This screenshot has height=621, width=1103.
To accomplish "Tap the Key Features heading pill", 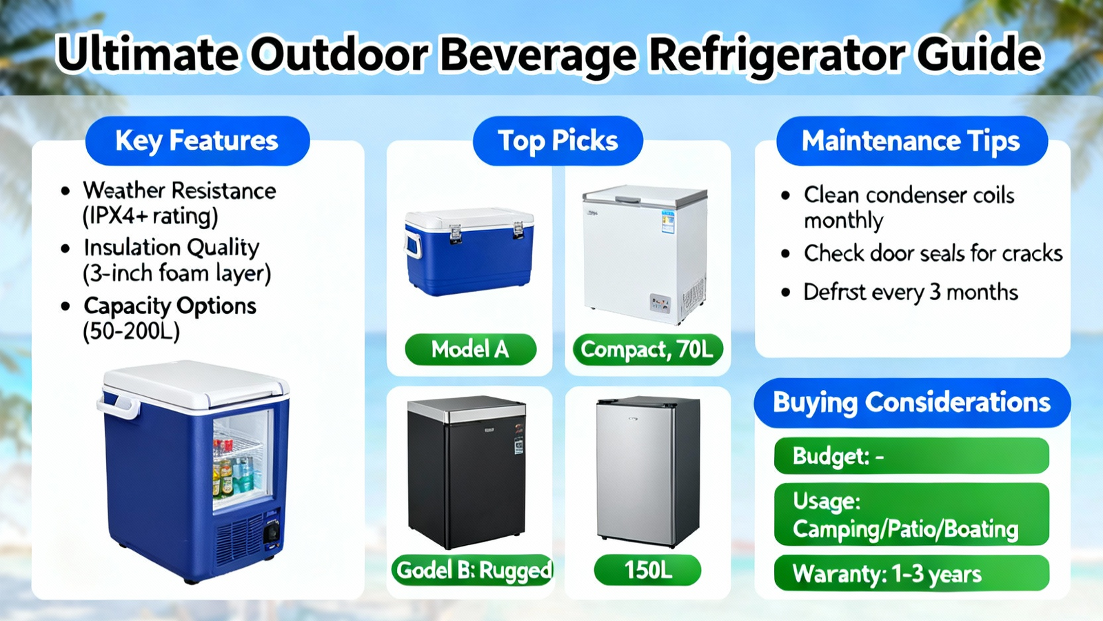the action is (197, 141).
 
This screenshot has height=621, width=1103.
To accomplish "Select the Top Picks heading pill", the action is (558, 141).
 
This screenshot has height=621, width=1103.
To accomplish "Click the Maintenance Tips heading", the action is (912, 141).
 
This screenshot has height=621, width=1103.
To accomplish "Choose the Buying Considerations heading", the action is (912, 403).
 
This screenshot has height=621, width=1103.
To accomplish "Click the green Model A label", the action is (471, 349).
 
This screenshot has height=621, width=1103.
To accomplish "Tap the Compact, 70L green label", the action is (648, 349).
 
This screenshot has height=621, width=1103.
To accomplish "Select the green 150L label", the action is (647, 570).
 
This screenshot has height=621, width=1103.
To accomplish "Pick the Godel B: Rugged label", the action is (473, 570).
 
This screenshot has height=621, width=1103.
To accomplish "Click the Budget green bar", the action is (911, 456).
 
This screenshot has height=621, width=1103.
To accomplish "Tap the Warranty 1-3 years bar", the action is (911, 573).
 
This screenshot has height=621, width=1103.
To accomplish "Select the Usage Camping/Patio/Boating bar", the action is (911, 515).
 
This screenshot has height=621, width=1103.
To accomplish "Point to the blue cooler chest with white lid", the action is (469, 251).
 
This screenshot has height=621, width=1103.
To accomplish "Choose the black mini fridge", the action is (467, 472).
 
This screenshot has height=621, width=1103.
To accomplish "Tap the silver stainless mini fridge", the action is (648, 472).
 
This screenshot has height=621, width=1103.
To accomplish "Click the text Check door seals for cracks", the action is (933, 253).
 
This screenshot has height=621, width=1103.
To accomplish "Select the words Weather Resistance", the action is (180, 190).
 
